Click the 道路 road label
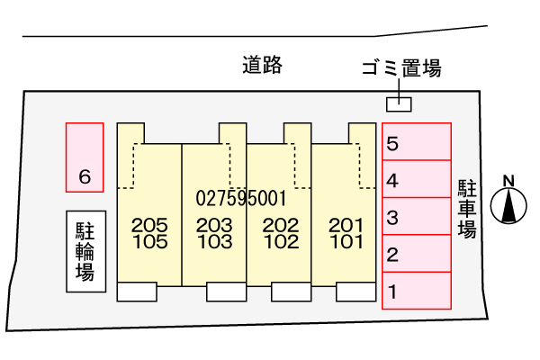263,65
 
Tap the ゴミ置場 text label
400,67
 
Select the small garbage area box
398,104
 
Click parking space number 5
417,142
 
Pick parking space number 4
417,179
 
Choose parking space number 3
417,216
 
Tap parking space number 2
417,254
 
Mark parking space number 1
417,291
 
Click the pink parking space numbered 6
85,157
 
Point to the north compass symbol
509,206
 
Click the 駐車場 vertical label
467,208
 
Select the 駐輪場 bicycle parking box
85,251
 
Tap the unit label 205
149,225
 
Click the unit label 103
214,241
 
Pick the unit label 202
280,225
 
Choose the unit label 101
346,241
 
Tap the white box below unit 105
138,292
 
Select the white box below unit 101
356,292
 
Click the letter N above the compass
509,180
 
